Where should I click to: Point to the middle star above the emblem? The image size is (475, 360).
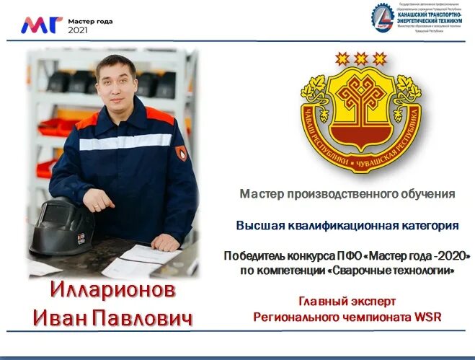pos(360,58)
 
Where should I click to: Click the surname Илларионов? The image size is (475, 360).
pos(113,290)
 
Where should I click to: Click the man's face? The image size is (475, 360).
pos(115,82)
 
